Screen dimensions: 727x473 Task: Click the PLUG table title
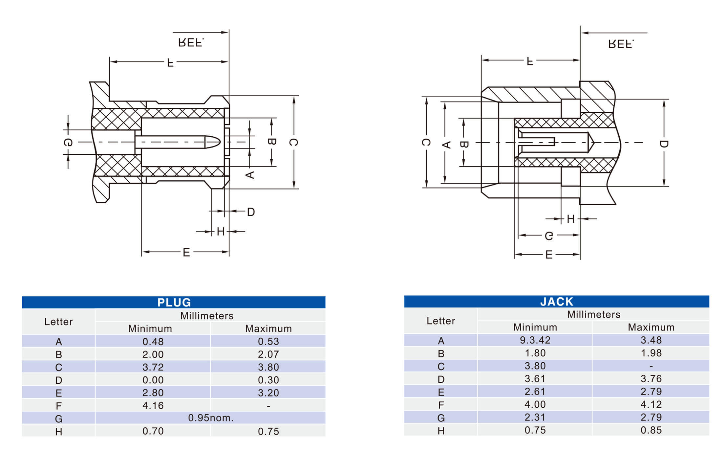pyautogui.click(x=174, y=302)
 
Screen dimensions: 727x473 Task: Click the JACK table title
pyautogui.click(x=557, y=302)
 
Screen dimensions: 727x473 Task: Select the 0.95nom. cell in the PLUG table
pyautogui.click(x=211, y=418)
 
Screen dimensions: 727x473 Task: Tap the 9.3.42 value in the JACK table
pyautogui.click(x=535, y=340)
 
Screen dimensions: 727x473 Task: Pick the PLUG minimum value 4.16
pyautogui.click(x=153, y=405)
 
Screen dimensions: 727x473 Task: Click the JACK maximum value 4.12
pyautogui.click(x=651, y=404)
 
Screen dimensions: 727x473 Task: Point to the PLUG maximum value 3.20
pyautogui.click(x=268, y=393)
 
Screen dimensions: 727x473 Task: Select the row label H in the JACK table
pyautogui.click(x=441, y=431)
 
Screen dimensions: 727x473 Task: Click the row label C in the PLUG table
pyautogui.click(x=59, y=367)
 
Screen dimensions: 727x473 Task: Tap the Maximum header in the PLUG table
pyautogui.click(x=268, y=328)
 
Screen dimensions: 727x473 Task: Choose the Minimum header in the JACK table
pyautogui.click(x=535, y=327)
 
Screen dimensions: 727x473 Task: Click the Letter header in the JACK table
pyautogui.click(x=441, y=321)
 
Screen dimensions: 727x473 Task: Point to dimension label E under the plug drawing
pyautogui.click(x=186, y=252)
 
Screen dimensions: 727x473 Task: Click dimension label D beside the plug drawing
pyautogui.click(x=251, y=212)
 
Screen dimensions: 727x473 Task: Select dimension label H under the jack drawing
pyautogui.click(x=571, y=219)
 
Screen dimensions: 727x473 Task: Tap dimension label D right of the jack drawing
pyautogui.click(x=664, y=144)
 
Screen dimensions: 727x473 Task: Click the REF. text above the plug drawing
pyautogui.click(x=191, y=43)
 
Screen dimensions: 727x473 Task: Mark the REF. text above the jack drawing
pyautogui.click(x=621, y=44)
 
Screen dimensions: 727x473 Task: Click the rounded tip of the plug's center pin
pyautogui.click(x=220, y=142)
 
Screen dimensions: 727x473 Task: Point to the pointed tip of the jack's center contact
pyautogui.click(x=594, y=142)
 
